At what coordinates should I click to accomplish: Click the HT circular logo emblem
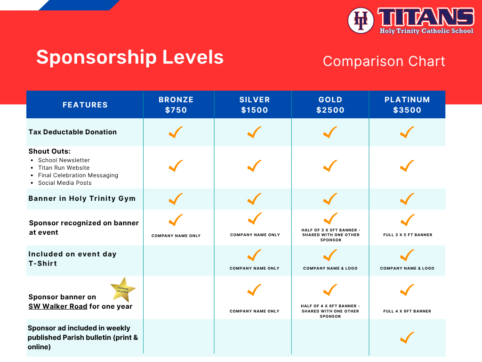click(x=361, y=20)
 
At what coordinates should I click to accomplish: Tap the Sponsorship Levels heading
click(x=130, y=57)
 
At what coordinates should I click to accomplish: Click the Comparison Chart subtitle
click(x=384, y=61)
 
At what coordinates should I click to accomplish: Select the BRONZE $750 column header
click(x=176, y=105)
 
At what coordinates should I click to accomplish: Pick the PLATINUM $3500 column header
click(x=407, y=105)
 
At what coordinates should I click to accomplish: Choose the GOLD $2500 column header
click(x=330, y=105)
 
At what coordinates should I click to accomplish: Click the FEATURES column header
click(x=85, y=105)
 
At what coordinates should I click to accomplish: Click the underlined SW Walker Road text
click(x=58, y=306)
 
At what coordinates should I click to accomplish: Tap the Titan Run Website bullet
click(x=64, y=168)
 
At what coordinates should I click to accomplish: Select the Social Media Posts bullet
click(x=65, y=183)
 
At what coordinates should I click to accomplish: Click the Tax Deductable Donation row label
click(x=72, y=132)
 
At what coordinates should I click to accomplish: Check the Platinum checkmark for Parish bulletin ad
click(x=407, y=337)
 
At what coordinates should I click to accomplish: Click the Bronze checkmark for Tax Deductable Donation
click(x=176, y=132)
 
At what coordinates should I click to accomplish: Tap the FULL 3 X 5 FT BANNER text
click(x=408, y=235)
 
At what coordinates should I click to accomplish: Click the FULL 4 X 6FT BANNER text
click(x=407, y=311)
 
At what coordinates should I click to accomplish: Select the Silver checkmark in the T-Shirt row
click(x=254, y=255)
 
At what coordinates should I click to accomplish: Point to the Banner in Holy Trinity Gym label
click(x=82, y=198)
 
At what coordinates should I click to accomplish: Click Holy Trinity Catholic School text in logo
click(x=426, y=31)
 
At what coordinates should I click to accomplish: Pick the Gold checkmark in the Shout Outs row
click(x=330, y=166)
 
